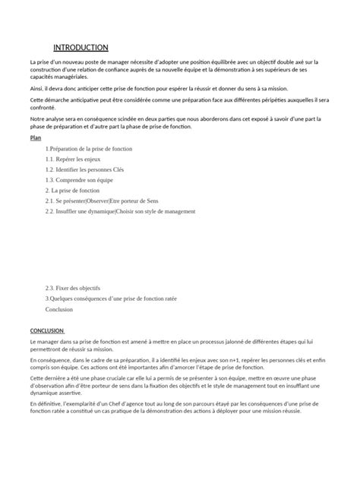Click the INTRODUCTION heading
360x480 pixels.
coord(81,48)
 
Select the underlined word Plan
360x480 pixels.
coord(35,139)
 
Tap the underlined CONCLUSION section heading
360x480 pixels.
coord(47,331)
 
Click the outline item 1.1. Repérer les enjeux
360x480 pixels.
coord(74,159)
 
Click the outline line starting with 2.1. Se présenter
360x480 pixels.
coord(102,201)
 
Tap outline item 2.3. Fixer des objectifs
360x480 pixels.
coord(73,289)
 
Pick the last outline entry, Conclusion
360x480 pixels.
coord(59,310)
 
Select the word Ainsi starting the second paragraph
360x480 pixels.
coord(37,88)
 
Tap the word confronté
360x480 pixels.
coord(45,108)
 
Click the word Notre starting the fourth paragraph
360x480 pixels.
coord(39,119)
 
